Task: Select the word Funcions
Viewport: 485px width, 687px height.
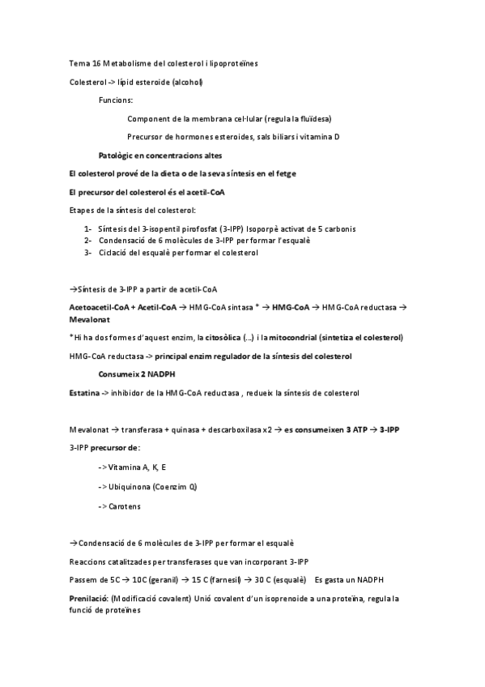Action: click(116, 100)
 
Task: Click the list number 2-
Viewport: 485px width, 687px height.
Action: click(87, 241)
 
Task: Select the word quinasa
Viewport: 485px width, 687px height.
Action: click(187, 429)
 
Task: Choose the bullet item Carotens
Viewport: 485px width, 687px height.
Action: click(123, 506)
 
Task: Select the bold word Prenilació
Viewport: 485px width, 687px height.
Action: click(88, 599)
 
